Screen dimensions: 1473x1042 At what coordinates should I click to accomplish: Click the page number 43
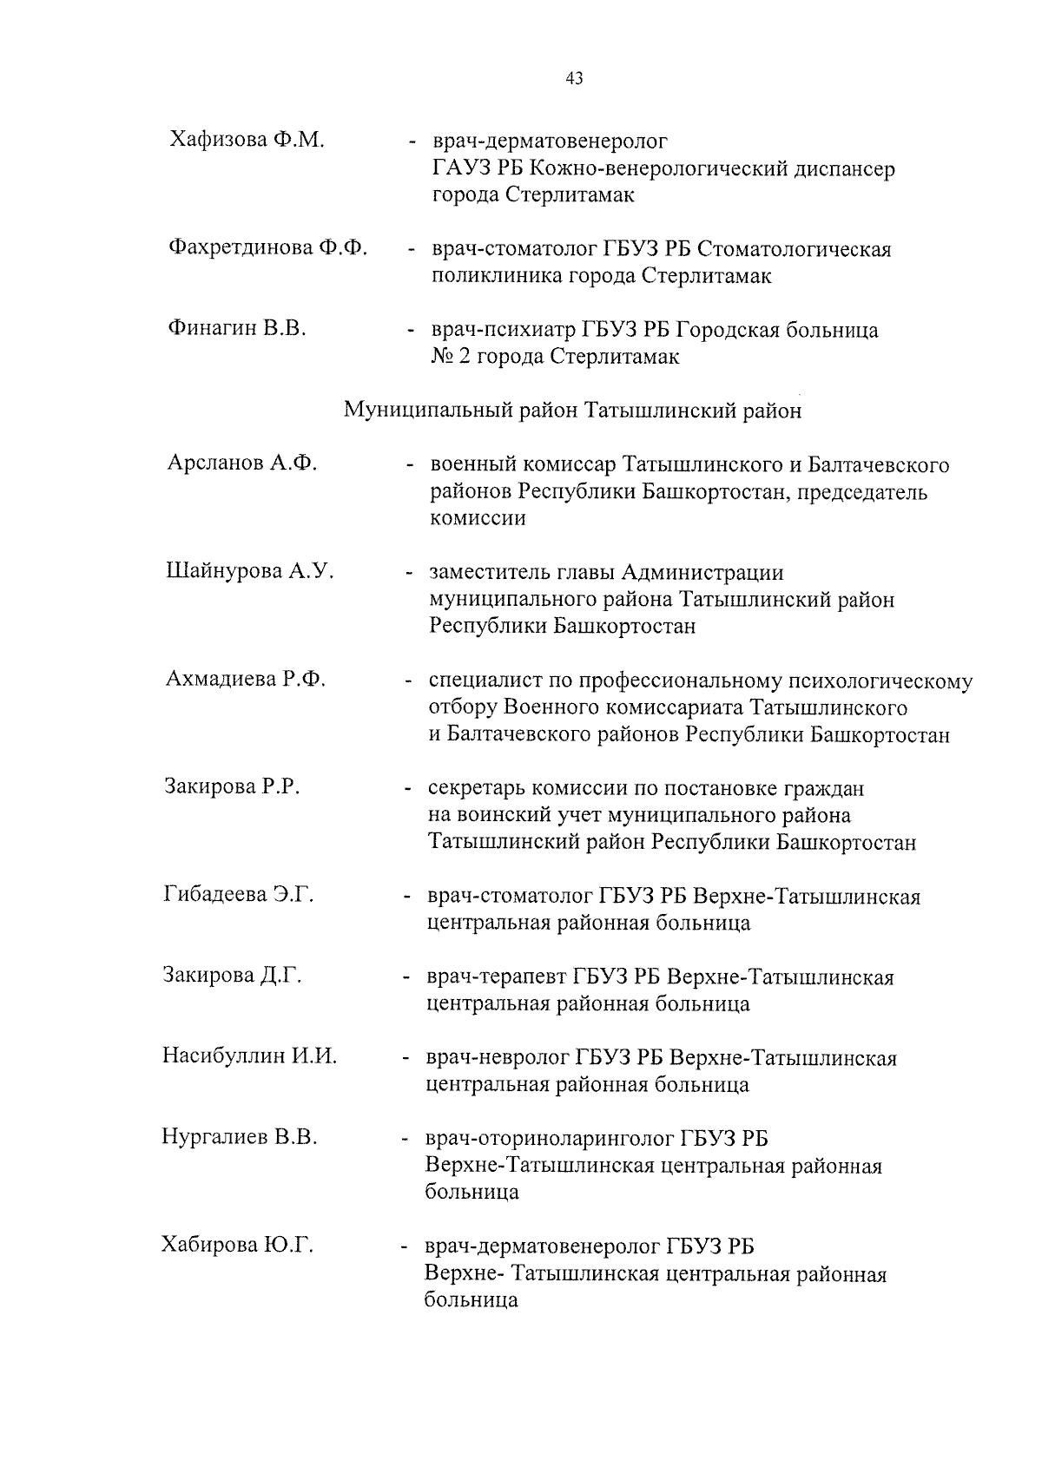pyautogui.click(x=574, y=79)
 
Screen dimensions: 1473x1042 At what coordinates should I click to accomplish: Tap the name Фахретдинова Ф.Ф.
pyautogui.click(x=267, y=248)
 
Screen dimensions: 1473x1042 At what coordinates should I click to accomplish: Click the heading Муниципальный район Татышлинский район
pyautogui.click(x=573, y=411)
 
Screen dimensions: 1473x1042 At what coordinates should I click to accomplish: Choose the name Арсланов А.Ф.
pyautogui.click(x=242, y=464)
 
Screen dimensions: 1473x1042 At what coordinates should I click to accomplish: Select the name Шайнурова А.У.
pyautogui.click(x=250, y=571)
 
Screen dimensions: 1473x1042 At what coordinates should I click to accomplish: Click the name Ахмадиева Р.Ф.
pyautogui.click(x=246, y=680)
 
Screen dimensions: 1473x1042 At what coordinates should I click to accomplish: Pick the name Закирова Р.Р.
pyautogui.click(x=232, y=787)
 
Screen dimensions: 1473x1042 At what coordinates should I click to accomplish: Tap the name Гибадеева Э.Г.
pyautogui.click(x=239, y=894)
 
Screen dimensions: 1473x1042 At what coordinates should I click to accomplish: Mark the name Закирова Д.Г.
pyautogui.click(x=233, y=975)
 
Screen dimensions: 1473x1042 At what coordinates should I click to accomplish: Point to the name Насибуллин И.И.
pyautogui.click(x=250, y=1056)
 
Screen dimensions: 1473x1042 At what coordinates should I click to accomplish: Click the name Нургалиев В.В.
pyautogui.click(x=240, y=1137)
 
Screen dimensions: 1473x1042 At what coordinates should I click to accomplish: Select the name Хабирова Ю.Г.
pyautogui.click(x=237, y=1246)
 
